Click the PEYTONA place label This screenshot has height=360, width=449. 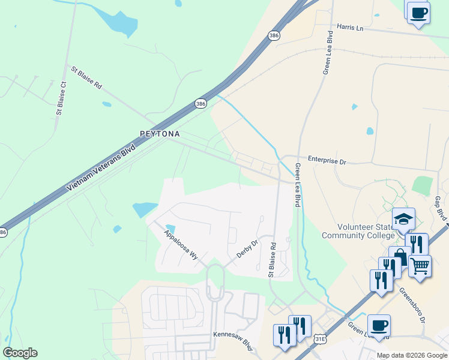tap(159, 134)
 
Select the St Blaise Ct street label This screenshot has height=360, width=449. tap(61, 97)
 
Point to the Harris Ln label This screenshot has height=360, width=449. tap(351, 28)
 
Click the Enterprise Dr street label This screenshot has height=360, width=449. tap(327, 160)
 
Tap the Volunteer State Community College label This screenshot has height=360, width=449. tap(358, 231)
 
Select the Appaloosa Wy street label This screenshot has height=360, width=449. tap(181, 243)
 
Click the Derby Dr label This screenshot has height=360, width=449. tap(246, 248)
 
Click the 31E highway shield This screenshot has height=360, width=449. tap(319, 340)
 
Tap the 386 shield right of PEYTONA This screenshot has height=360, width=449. tap(200, 104)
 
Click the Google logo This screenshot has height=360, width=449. tap(20, 353)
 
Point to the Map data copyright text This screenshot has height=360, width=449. tap(412, 355)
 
